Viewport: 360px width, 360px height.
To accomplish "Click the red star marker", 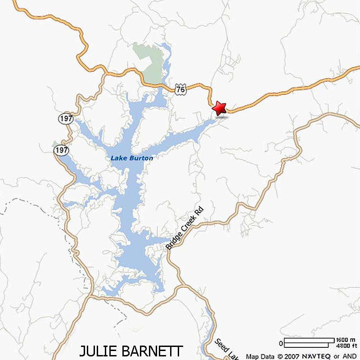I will tap(220, 108).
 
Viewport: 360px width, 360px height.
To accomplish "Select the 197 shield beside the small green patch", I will tap(61, 150).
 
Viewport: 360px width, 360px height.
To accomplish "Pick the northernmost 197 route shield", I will tap(65, 119).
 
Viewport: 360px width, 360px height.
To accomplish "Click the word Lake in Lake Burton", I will tap(118, 158).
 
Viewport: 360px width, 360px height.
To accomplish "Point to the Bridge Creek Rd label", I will tap(184, 229).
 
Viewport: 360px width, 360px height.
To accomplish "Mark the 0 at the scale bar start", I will tap(281, 343).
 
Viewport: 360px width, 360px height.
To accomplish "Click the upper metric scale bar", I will tap(310, 340).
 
